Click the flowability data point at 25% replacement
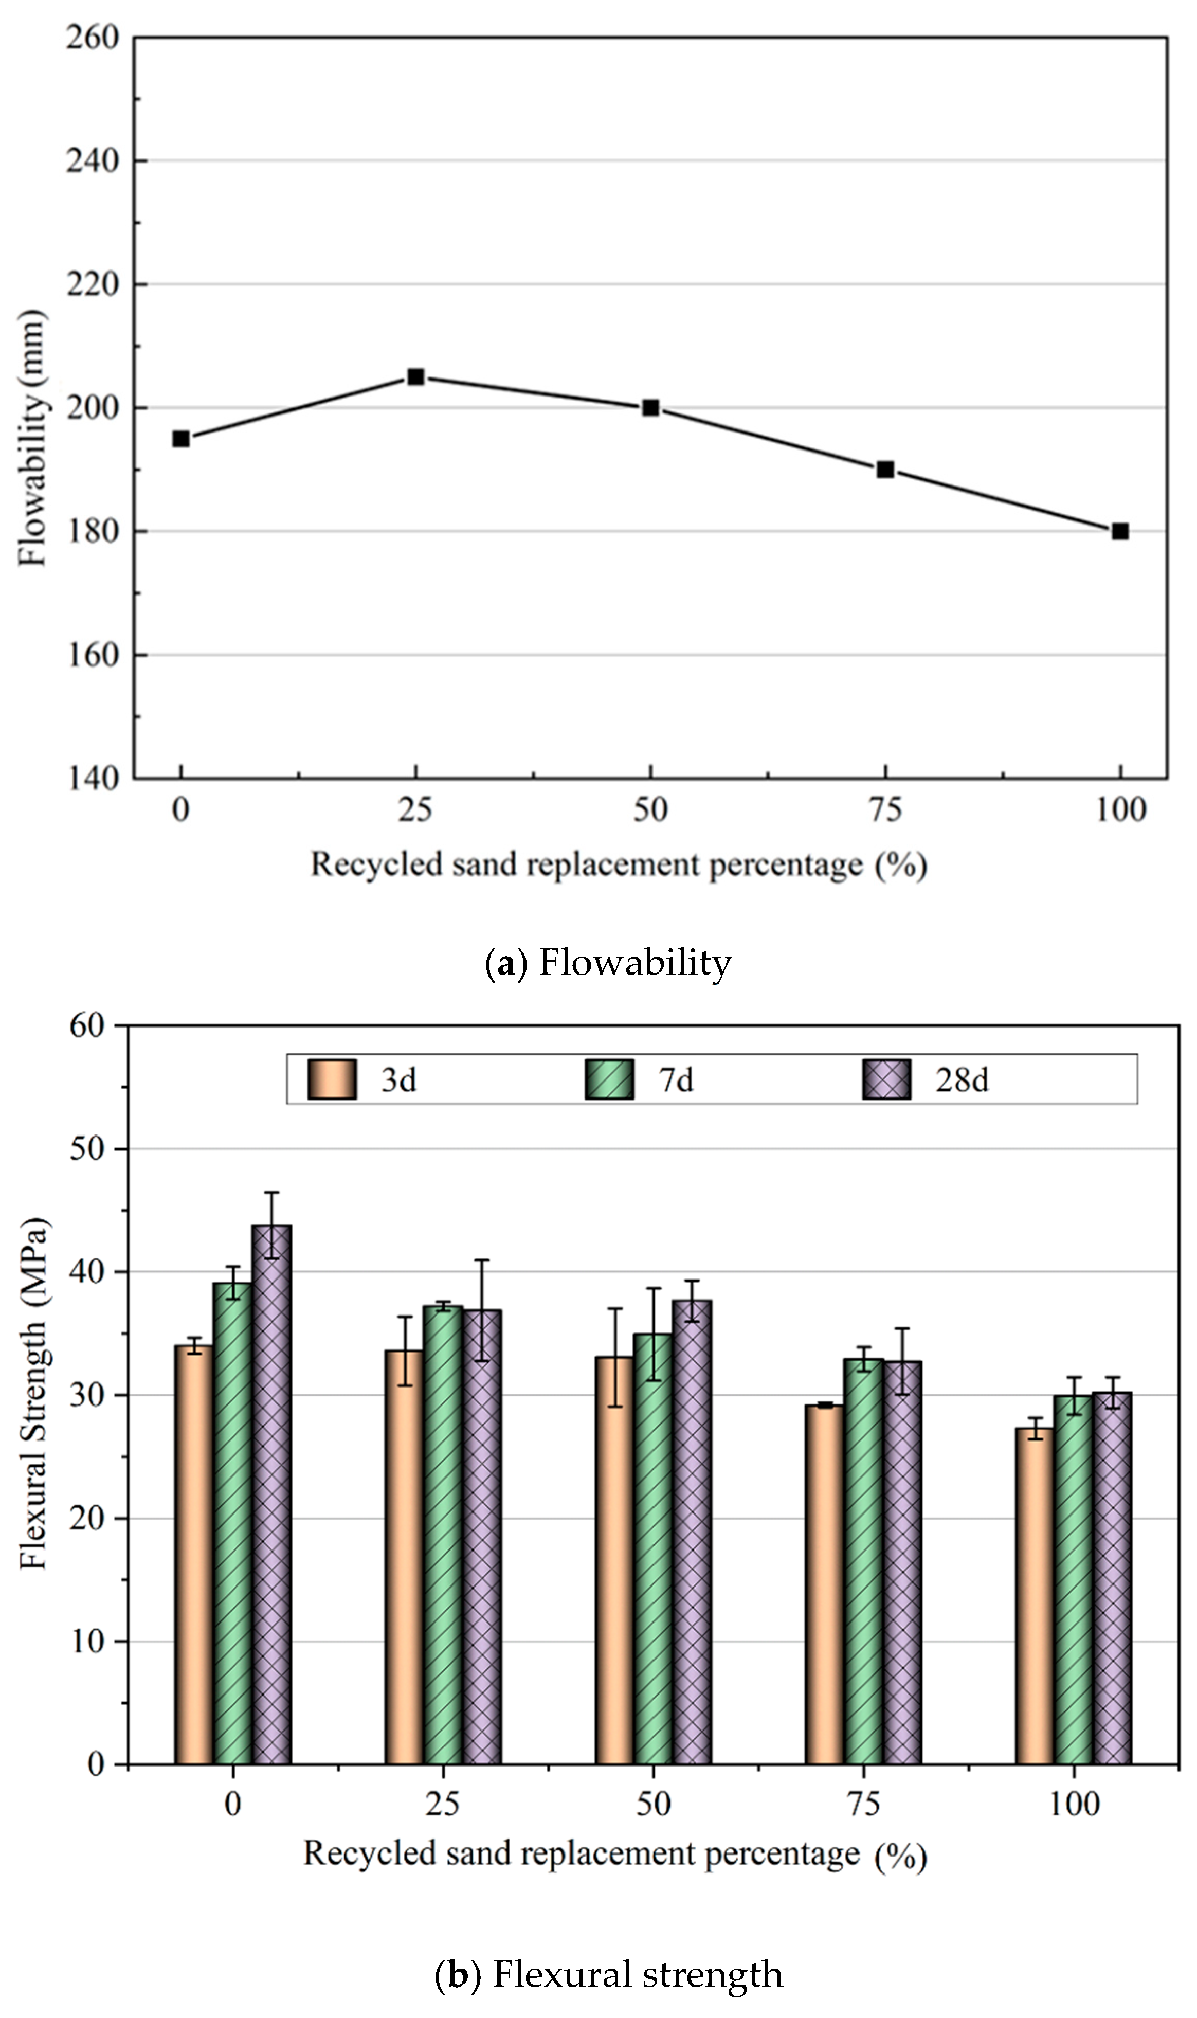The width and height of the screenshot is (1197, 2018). coord(415,376)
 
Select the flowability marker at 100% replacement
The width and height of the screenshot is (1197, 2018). coord(1119,531)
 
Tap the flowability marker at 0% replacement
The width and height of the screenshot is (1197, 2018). coord(180,439)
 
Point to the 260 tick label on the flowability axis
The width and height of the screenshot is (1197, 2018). coord(92,37)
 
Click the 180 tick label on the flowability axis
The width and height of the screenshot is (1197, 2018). coord(92,532)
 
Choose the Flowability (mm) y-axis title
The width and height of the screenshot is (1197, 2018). coord(32,439)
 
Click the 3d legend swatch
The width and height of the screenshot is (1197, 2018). coord(332,1079)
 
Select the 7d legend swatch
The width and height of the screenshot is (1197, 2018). coord(609,1079)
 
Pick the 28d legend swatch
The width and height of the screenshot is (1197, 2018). coord(886,1079)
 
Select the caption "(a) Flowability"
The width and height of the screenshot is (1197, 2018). coord(608,962)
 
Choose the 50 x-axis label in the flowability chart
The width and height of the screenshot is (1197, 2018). coord(650,809)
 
